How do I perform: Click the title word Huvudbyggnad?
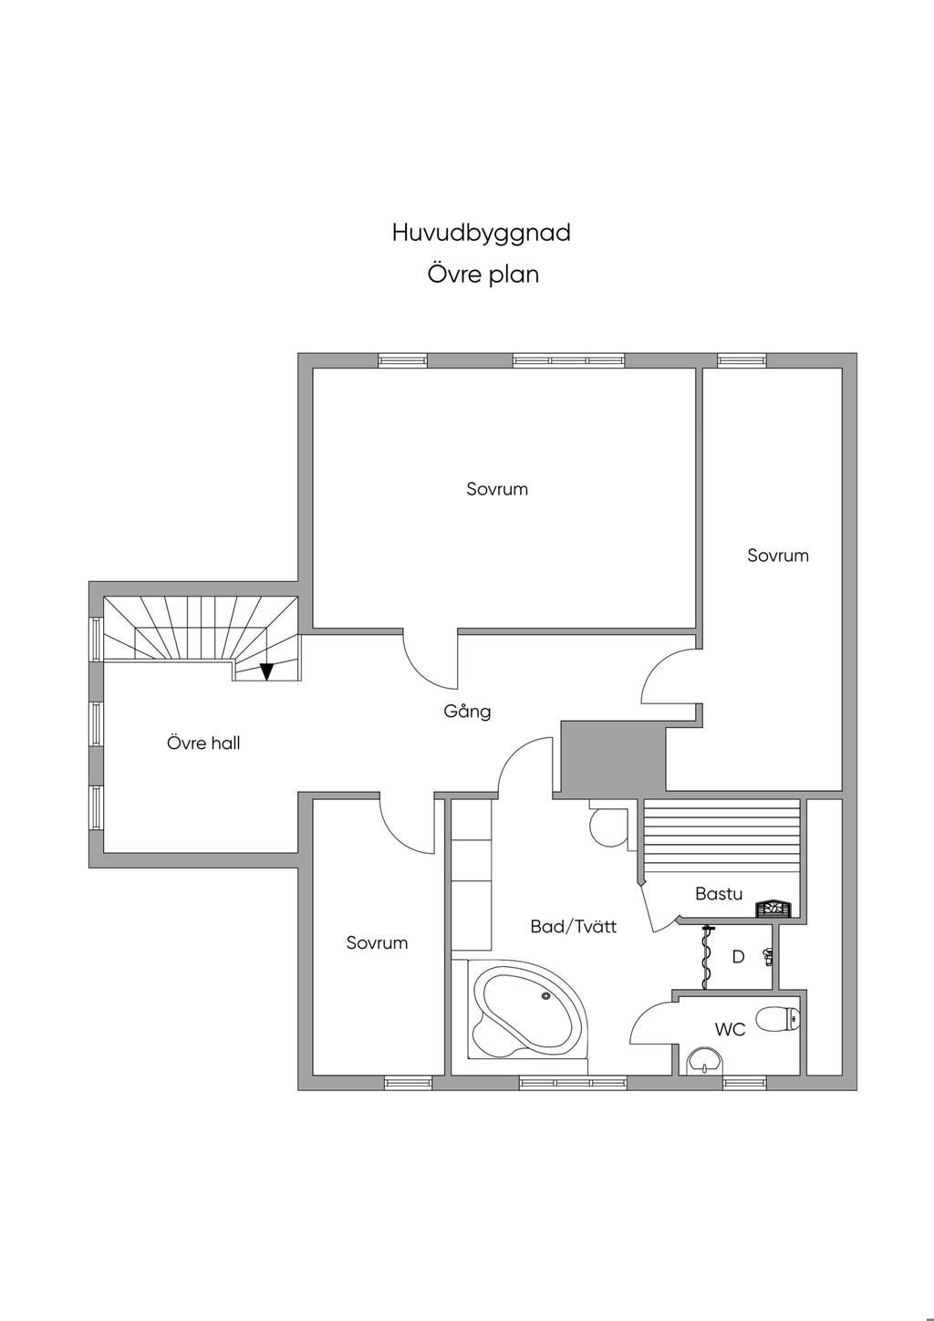pos(482,233)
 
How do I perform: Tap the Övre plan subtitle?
pos(483,275)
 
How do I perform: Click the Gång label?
pos(467,712)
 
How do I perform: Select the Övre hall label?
pos(203,743)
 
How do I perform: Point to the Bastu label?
pos(718,893)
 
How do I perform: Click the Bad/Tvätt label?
pos(573,927)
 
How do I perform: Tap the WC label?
pos(730,1030)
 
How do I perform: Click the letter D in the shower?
pos(738,957)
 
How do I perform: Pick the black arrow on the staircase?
pos(267,671)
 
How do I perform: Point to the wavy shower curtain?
pos(706,958)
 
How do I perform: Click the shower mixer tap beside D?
pos(767,956)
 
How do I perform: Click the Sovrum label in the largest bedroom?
pos(497,489)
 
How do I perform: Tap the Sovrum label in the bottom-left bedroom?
pos(377,942)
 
